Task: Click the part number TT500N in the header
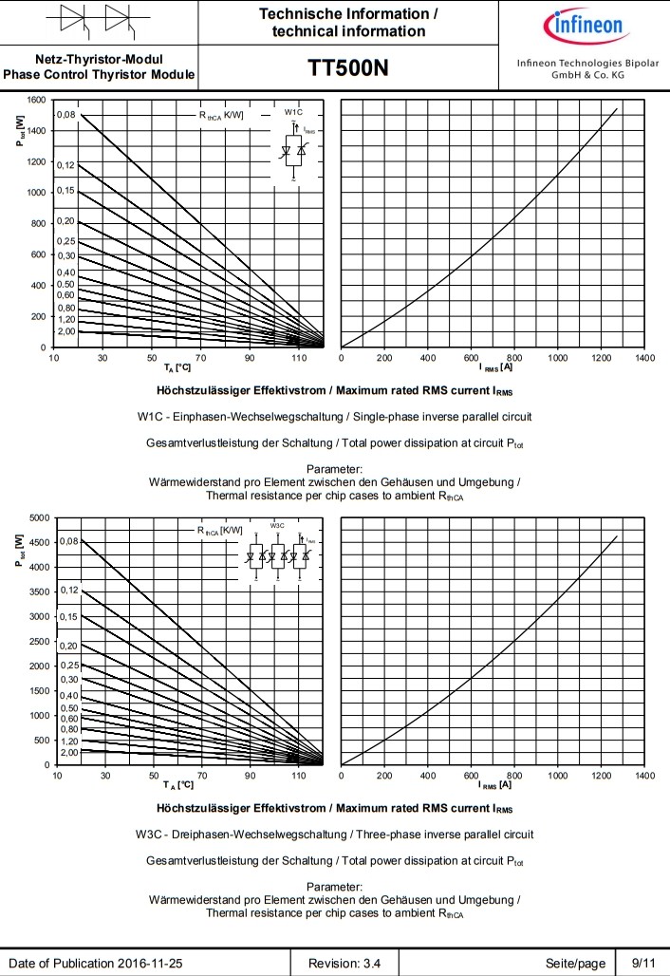click(x=347, y=68)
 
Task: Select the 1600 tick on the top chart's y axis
click(x=36, y=100)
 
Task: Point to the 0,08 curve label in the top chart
click(x=65, y=115)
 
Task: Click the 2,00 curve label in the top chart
click(x=65, y=331)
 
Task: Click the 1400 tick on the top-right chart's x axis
click(x=644, y=358)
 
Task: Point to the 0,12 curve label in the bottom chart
click(x=69, y=591)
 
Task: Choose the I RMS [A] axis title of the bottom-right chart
click(x=496, y=784)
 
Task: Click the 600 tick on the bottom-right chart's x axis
click(x=471, y=776)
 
